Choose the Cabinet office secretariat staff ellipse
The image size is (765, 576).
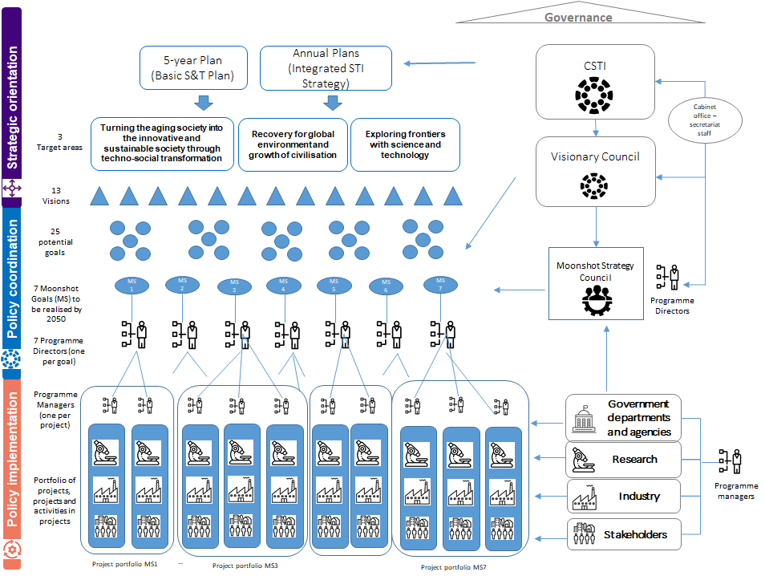click(x=704, y=120)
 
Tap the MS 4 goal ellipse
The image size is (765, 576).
click(x=282, y=284)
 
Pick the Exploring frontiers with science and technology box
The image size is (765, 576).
click(x=405, y=144)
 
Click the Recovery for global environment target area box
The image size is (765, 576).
click(x=293, y=144)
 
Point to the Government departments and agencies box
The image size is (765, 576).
click(x=624, y=418)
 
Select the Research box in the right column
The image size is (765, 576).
click(x=624, y=460)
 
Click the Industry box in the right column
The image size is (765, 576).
click(x=624, y=497)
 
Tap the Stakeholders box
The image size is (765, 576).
click(x=624, y=534)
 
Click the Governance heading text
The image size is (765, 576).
click(x=578, y=17)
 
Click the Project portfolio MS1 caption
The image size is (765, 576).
click(x=124, y=563)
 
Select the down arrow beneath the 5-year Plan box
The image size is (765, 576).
click(x=204, y=102)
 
